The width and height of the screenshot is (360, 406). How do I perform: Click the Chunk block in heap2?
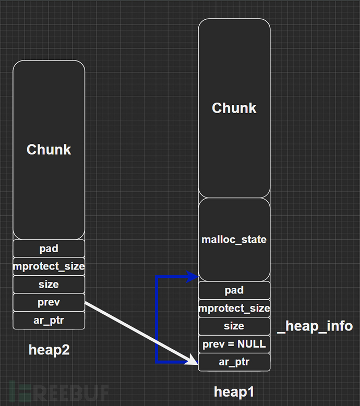point(49,150)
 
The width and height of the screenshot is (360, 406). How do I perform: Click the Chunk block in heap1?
point(234,108)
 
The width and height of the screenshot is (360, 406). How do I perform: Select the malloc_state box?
point(234,240)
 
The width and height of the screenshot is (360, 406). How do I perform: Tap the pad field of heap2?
point(49,249)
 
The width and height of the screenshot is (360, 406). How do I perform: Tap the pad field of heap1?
point(234,290)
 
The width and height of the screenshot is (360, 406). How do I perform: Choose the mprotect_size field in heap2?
point(49,266)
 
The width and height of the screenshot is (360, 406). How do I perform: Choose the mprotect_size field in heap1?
point(234,308)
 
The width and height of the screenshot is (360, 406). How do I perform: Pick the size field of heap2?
point(49,285)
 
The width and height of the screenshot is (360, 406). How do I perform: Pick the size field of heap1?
point(234,326)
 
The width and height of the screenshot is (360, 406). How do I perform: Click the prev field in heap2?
point(49,302)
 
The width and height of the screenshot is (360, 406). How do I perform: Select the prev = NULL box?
point(234,344)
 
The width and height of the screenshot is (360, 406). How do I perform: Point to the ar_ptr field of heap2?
point(49,320)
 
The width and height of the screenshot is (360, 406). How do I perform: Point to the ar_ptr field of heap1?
point(234,362)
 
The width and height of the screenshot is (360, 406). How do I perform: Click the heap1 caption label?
point(234,391)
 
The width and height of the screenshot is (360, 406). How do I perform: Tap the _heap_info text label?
point(315,326)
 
